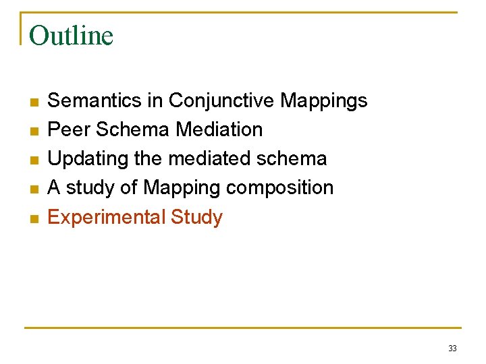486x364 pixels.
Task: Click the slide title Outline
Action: tap(71, 35)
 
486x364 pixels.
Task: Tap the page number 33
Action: tap(452, 348)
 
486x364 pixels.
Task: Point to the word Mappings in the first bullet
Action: tap(324, 101)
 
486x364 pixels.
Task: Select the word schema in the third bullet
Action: tap(294, 159)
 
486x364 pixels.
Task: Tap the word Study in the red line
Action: tap(196, 218)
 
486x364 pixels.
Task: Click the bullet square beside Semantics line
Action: tap(33, 102)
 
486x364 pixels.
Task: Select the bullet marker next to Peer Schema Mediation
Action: tap(33, 131)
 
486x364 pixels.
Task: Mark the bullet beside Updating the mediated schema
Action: tap(33, 160)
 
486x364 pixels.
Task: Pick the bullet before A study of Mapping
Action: tap(33, 189)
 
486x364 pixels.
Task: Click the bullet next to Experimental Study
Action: tap(33, 218)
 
